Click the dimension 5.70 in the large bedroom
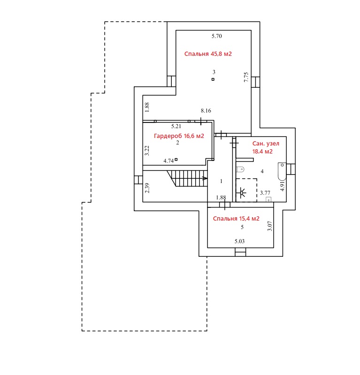pos(217,36)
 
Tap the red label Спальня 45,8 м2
pos(208,54)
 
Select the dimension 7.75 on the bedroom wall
pos(246,77)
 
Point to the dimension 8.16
pos(206,110)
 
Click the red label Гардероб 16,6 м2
pos(179,136)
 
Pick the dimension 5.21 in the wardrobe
pos(176,126)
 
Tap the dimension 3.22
pos(147,151)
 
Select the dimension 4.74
pos(169,161)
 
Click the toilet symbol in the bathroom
pos(240,169)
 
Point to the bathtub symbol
pos(282,171)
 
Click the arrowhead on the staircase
pos(205,178)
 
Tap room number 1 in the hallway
pos(221,181)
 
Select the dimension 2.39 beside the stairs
pos(147,188)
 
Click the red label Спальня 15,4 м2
pos(236,219)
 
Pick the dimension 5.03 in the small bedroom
pos(239,241)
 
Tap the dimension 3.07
pos(269,226)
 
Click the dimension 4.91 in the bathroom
pos(283,186)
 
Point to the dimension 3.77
pos(265,193)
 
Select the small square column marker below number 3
pos(213,79)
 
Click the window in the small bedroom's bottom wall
pos(240,252)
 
